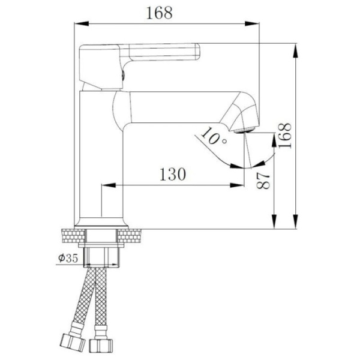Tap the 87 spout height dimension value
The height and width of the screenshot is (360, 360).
click(x=264, y=178)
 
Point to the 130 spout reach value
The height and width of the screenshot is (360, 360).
click(x=173, y=174)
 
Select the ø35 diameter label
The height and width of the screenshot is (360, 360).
click(x=68, y=259)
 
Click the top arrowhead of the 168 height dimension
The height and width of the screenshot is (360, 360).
click(x=296, y=47)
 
